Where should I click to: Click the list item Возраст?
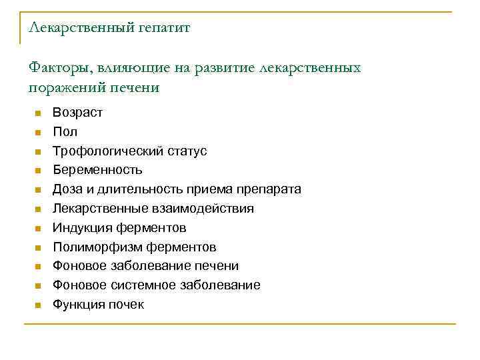(x=77, y=113)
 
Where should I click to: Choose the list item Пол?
(x=65, y=132)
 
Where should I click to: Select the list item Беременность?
(x=97, y=170)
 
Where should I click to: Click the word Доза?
(x=68, y=189)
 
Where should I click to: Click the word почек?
(x=127, y=305)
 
